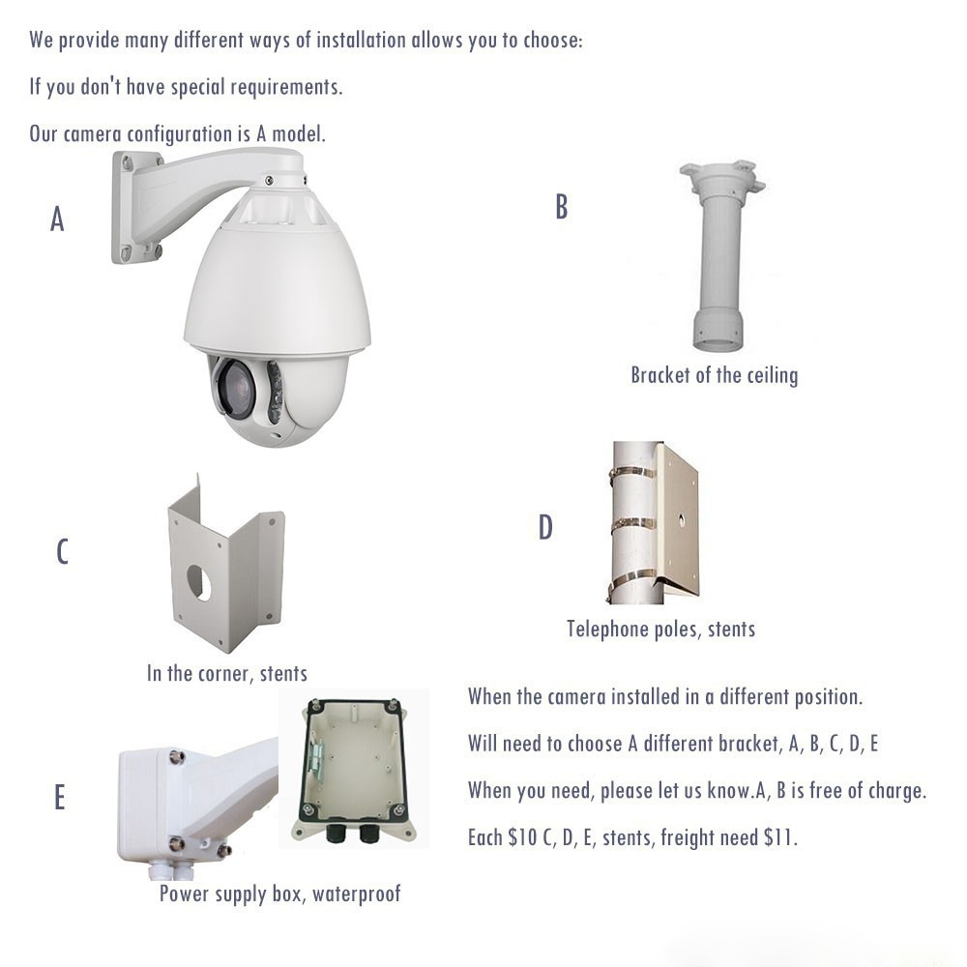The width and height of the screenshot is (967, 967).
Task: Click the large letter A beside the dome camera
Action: (57, 219)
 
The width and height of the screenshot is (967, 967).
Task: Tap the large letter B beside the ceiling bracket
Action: (561, 207)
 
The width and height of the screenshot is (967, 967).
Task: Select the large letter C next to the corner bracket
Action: (62, 551)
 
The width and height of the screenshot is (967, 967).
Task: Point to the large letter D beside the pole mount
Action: (545, 527)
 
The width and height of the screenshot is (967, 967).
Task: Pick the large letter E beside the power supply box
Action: (59, 797)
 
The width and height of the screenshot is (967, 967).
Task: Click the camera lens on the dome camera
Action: (236, 388)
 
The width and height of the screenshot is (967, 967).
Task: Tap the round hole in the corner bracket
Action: (198, 582)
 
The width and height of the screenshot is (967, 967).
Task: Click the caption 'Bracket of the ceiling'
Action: (715, 375)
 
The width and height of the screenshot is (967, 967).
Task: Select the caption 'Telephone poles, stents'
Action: (661, 630)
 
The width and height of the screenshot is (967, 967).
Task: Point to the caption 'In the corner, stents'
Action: (227, 673)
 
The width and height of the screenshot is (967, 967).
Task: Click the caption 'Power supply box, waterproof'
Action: (280, 894)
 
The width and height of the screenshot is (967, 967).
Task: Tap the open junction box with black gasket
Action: (354, 769)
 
